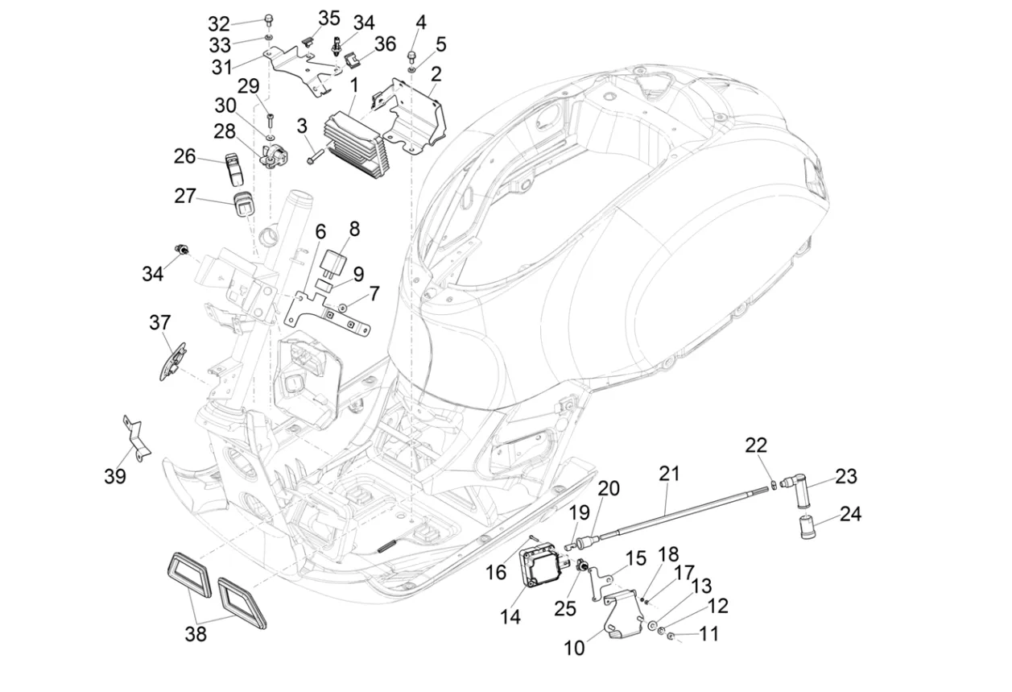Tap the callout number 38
(x=196, y=634)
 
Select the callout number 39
(x=115, y=476)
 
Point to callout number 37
(x=160, y=323)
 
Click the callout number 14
(x=510, y=617)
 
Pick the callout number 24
(x=850, y=514)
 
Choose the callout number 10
(x=575, y=647)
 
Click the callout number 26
(x=185, y=155)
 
